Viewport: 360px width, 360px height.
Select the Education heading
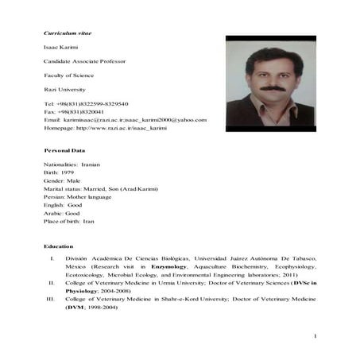pos(59,246)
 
